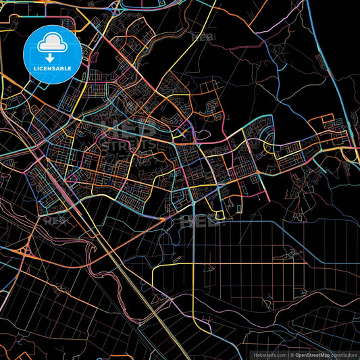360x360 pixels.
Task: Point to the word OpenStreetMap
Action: (311, 354)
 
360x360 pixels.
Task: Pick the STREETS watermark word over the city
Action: (128, 144)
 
